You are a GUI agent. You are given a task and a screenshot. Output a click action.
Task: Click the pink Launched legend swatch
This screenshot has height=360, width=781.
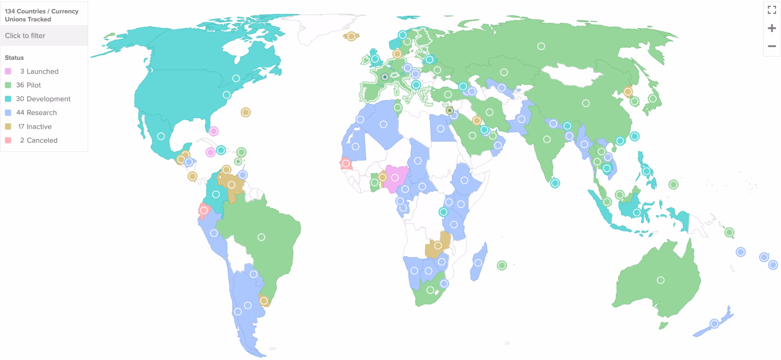[8, 71]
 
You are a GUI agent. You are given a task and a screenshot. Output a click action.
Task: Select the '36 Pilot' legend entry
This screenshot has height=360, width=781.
[28, 85]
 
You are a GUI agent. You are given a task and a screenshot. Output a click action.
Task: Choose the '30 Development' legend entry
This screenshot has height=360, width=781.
[43, 99]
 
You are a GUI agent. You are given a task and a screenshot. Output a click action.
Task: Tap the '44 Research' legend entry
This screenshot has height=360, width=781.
[36, 112]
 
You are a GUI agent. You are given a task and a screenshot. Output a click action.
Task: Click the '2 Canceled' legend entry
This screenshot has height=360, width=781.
[39, 140]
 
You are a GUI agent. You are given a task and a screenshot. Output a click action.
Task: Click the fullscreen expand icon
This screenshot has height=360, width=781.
[771, 10]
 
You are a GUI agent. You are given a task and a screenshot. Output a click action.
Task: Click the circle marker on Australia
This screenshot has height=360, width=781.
[660, 280]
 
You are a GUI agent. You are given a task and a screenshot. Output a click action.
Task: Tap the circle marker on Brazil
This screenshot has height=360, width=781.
[261, 237]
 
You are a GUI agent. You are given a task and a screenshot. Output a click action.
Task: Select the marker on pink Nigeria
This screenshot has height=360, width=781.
[395, 178]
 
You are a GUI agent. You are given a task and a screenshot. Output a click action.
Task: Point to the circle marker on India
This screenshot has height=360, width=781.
[547, 140]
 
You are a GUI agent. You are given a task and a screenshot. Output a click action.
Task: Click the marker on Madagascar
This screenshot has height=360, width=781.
[478, 263]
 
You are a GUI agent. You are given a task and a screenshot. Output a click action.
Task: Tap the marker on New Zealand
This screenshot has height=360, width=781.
[714, 324]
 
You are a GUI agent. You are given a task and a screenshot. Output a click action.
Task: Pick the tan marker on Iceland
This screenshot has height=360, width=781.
[351, 36]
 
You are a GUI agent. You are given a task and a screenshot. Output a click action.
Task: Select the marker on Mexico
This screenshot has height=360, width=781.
[161, 136]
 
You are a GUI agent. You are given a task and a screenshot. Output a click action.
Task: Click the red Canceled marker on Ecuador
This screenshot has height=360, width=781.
[204, 210]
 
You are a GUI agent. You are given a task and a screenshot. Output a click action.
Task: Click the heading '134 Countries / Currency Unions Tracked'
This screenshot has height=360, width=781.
[42, 15]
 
